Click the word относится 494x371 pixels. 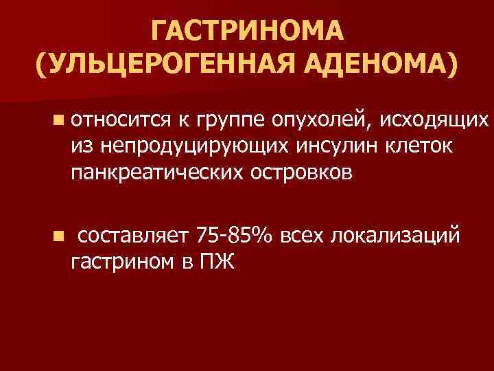pos(119,123)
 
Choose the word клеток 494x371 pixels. pos(395,147)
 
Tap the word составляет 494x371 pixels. pos(133,236)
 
